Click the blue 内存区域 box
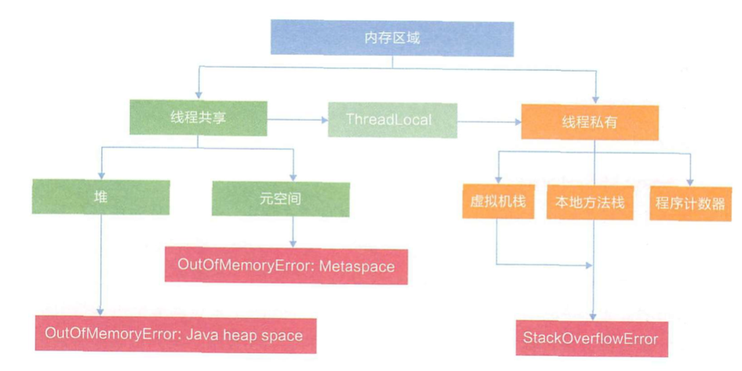click(392, 38)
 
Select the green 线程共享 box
click(197, 119)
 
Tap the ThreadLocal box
click(392, 120)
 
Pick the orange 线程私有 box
click(589, 121)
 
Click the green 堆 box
click(100, 197)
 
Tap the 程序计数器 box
click(689, 202)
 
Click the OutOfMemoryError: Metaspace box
click(286, 266)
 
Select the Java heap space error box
click(174, 335)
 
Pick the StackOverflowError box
click(591, 339)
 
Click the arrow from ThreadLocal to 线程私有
click(488, 121)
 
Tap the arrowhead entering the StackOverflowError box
click(595, 317)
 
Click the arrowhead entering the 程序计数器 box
click(690, 181)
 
